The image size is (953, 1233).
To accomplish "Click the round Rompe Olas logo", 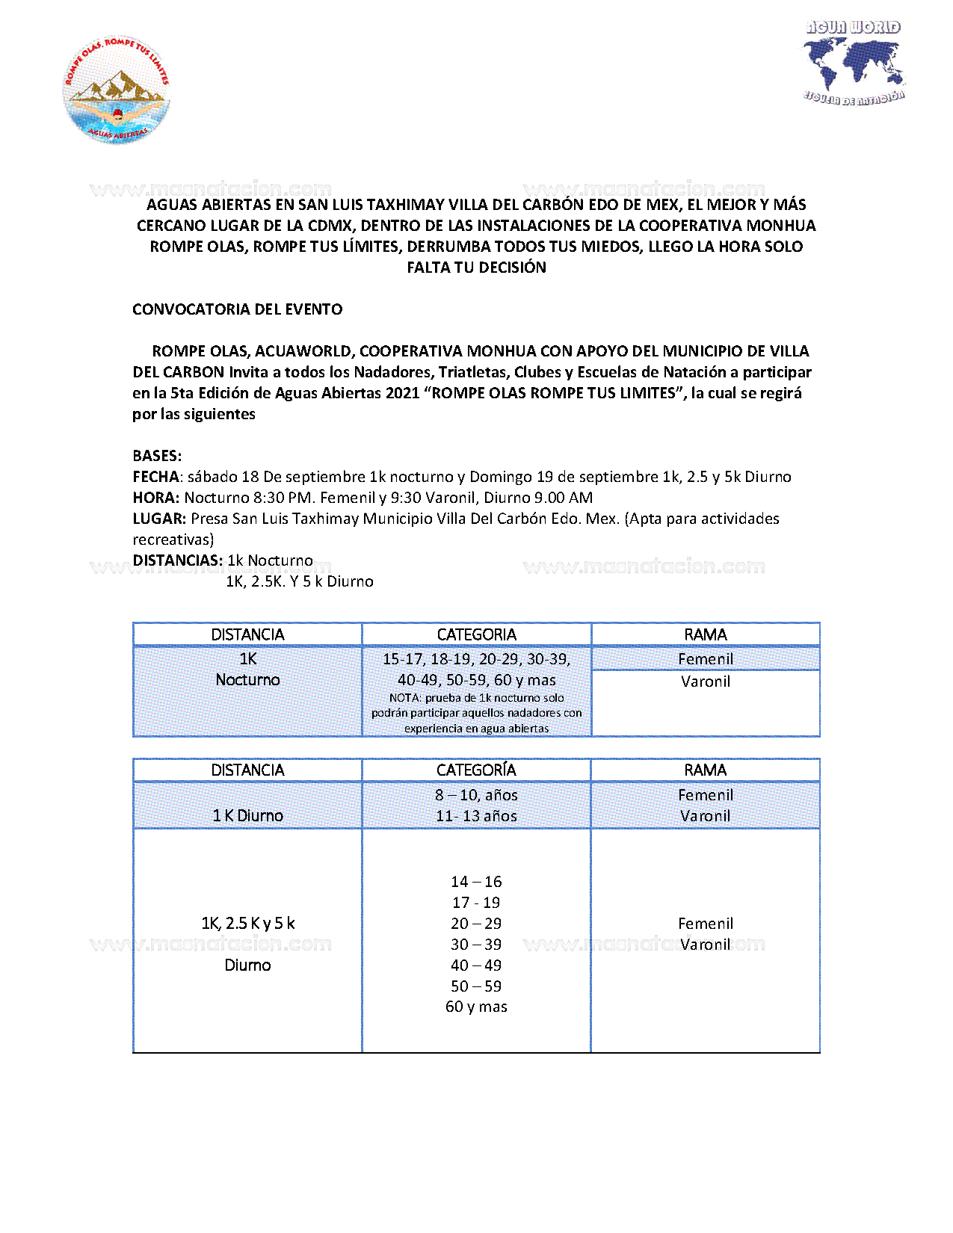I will (117, 90).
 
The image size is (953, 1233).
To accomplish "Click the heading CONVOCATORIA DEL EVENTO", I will (237, 309).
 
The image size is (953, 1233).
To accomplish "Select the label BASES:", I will (157, 456).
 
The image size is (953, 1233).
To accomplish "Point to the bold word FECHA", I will (155, 477).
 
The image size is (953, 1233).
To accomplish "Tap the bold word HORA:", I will (155, 498).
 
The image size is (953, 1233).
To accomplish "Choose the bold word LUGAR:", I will (159, 519).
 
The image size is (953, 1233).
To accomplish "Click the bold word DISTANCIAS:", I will (177, 560).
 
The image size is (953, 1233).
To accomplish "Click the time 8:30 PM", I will (282, 498).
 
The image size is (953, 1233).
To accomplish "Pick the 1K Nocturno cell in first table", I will (247, 670).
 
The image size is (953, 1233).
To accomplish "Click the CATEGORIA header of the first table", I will (476, 634).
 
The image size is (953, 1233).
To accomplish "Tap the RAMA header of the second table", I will (705, 770).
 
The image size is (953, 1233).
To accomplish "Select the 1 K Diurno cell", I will (247, 815).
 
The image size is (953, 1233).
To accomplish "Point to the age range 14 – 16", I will (476, 882).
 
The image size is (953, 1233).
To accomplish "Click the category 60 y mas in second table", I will (476, 1007).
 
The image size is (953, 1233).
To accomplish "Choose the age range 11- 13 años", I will (476, 816).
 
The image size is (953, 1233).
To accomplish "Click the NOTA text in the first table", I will (476, 713).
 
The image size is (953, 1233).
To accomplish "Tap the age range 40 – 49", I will (476, 965).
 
